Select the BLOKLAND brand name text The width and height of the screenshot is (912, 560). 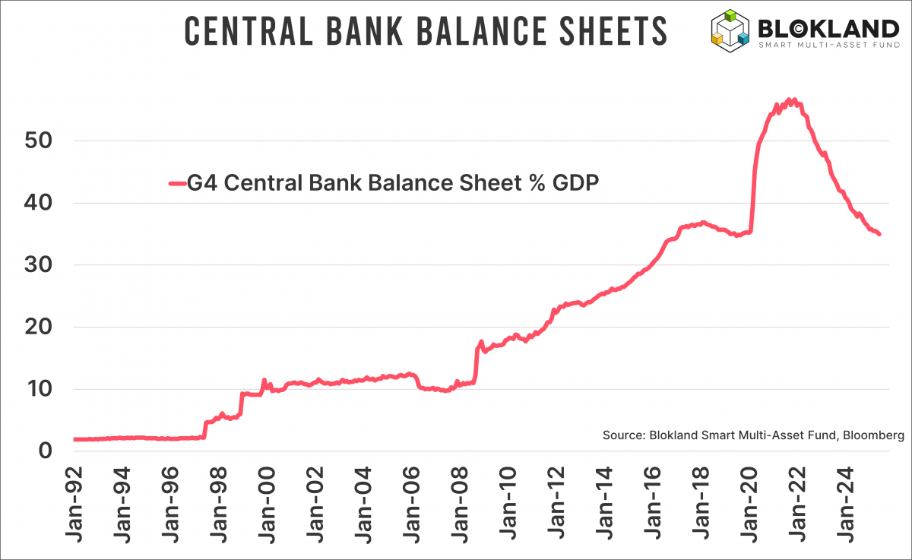click(828, 28)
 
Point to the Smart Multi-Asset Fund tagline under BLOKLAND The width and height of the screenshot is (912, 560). click(828, 46)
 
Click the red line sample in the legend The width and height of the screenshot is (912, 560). click(176, 183)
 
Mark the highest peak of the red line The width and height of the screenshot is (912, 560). click(790, 100)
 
